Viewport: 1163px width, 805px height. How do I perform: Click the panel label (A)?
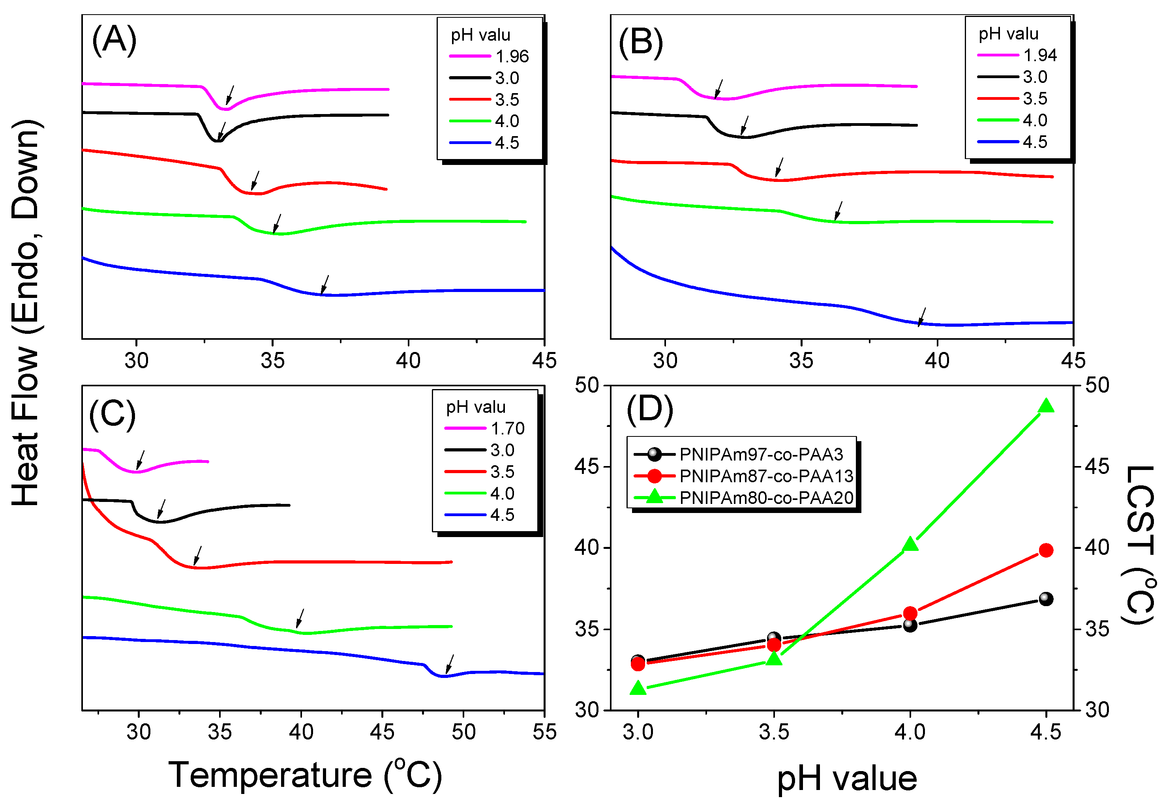click(114, 40)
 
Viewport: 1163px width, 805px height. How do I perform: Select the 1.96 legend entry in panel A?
click(511, 56)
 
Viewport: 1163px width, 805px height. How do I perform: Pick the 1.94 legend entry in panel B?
click(1039, 55)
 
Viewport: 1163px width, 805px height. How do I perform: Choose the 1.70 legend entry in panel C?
click(507, 429)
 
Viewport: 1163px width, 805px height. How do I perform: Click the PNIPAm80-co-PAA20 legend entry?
click(765, 498)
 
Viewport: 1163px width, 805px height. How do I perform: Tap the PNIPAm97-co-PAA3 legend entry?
click(760, 455)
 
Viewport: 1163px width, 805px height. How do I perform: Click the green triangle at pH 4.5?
click(1045, 406)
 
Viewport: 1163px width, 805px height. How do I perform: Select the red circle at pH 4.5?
click(1045, 550)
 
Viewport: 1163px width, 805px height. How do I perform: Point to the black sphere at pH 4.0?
click(910, 625)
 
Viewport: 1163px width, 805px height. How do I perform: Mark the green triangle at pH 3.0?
click(638, 688)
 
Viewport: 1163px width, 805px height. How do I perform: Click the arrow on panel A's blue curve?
click(325, 285)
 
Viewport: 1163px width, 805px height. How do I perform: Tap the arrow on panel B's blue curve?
click(921, 317)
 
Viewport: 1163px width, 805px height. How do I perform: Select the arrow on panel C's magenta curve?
click(140, 460)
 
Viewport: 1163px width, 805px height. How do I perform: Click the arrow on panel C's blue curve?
click(450, 664)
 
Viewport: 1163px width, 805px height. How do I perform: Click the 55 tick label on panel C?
click(544, 732)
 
